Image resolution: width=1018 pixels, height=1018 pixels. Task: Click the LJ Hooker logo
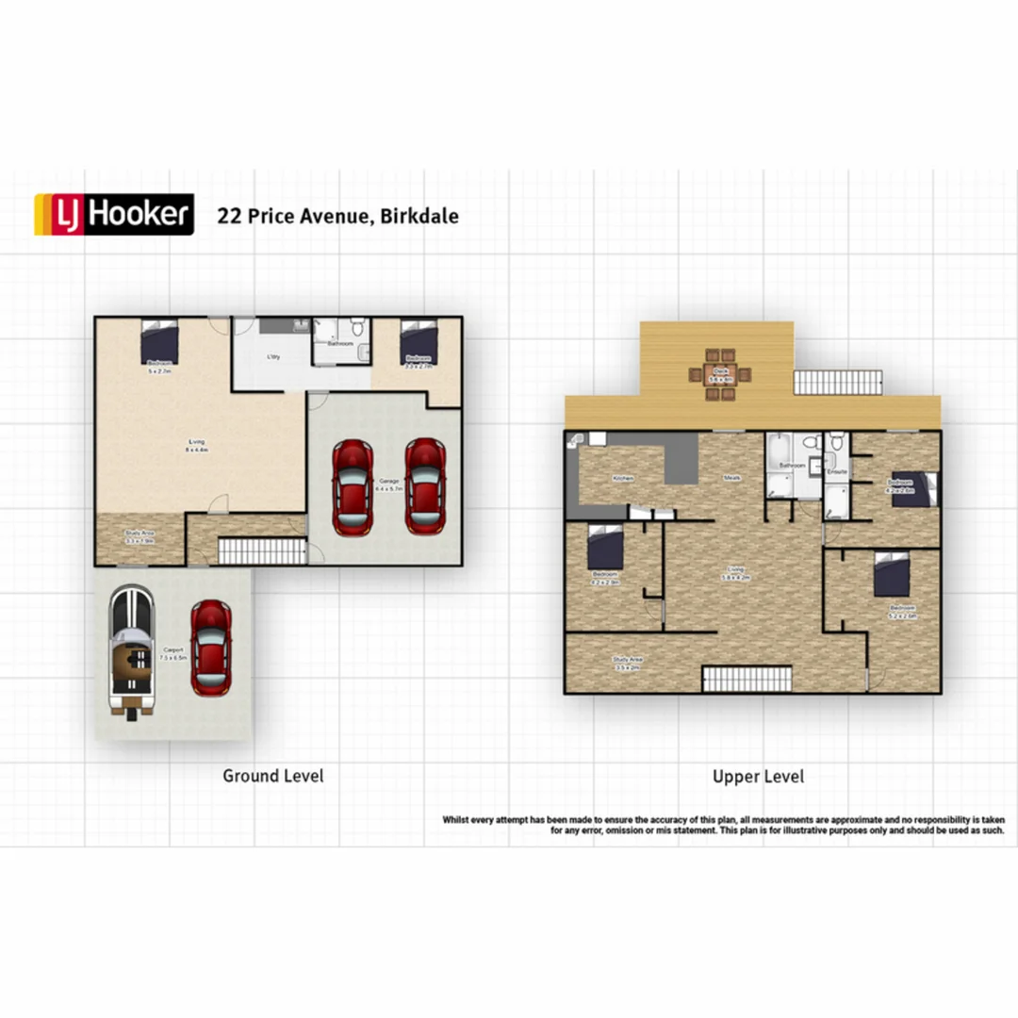coord(114,214)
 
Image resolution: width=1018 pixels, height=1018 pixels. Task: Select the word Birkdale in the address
coord(421,216)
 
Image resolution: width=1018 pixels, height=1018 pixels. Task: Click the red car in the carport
coord(210,648)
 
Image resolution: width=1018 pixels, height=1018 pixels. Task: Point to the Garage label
coord(387,484)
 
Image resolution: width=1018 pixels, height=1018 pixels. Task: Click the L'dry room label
coord(273,355)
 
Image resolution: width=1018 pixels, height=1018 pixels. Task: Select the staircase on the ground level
coord(262,550)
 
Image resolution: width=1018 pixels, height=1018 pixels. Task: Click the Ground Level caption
coord(272,776)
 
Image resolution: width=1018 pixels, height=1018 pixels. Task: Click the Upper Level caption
coord(758,777)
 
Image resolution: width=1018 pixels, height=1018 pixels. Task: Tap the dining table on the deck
coord(720,374)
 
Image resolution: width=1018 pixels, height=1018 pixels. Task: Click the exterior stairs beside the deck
coord(838,382)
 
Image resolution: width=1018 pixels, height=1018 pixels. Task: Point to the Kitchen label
coord(623,479)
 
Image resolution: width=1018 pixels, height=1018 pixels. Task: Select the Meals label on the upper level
coord(731,478)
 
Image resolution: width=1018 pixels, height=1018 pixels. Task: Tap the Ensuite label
coord(836,471)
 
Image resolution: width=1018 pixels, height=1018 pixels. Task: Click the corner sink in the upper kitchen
coord(576,440)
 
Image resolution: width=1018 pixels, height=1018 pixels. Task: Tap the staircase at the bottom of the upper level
coord(747,679)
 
